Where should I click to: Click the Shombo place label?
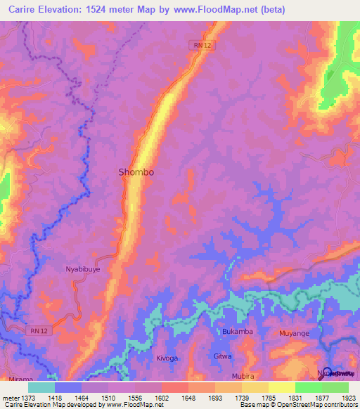[136, 171]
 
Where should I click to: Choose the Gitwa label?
[222, 356]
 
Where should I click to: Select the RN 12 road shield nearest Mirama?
[39, 330]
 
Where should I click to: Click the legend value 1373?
[27, 397]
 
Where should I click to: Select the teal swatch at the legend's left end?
[41, 387]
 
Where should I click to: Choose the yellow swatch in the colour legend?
[281, 387]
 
